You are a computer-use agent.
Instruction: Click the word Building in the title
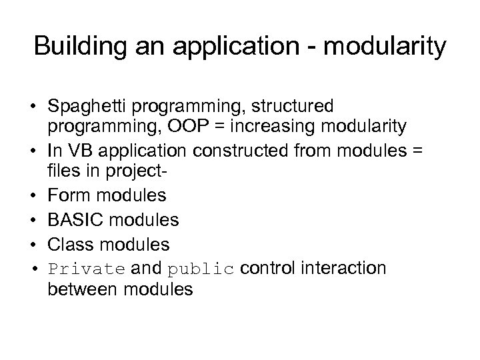point(75,48)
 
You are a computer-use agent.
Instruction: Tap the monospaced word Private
point(87,269)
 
